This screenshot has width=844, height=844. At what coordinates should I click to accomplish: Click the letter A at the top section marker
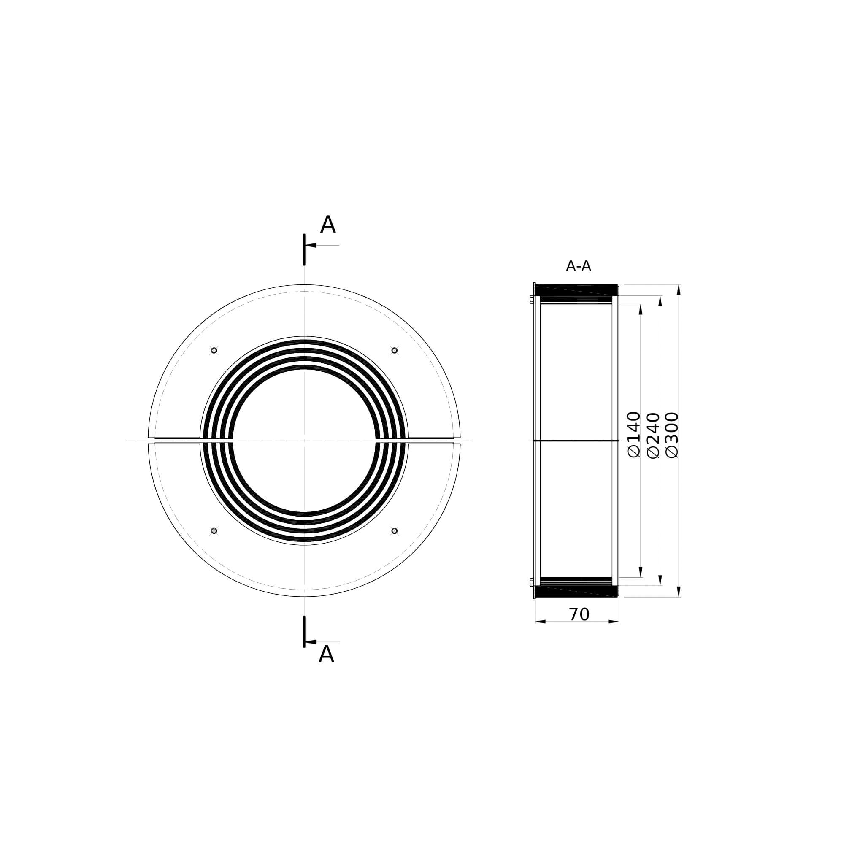(x=327, y=225)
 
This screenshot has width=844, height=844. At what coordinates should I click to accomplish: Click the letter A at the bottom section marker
(x=326, y=655)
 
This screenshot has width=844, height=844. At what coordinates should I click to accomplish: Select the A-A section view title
(x=578, y=266)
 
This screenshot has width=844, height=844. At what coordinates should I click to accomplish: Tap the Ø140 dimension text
(x=633, y=434)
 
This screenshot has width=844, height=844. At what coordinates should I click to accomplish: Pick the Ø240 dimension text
(x=653, y=435)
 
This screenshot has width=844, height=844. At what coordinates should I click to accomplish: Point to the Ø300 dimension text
(x=672, y=435)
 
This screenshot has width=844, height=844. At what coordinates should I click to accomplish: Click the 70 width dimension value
(x=579, y=615)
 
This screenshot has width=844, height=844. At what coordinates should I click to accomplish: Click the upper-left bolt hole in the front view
(x=214, y=350)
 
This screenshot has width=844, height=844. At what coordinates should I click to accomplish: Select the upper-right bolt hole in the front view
(x=395, y=350)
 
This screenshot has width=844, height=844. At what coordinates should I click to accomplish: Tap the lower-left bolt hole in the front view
(x=214, y=531)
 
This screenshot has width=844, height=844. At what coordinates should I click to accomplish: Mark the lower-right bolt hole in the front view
(x=395, y=531)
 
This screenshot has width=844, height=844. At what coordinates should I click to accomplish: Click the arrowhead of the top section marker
(x=311, y=245)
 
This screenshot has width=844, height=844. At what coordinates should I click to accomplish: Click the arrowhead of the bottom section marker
(x=311, y=642)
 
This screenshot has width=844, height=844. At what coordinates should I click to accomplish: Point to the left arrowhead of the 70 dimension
(x=541, y=622)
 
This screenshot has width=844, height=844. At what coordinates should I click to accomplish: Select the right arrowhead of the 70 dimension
(x=613, y=622)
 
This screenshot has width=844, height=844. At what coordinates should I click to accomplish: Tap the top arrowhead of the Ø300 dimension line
(x=679, y=290)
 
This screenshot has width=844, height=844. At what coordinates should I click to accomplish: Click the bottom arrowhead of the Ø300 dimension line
(x=679, y=591)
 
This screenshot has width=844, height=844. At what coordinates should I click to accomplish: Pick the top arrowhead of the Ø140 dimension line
(x=641, y=309)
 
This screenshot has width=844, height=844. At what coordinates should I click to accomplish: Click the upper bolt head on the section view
(x=532, y=299)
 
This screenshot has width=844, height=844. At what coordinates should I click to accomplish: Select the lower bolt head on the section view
(x=532, y=582)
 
